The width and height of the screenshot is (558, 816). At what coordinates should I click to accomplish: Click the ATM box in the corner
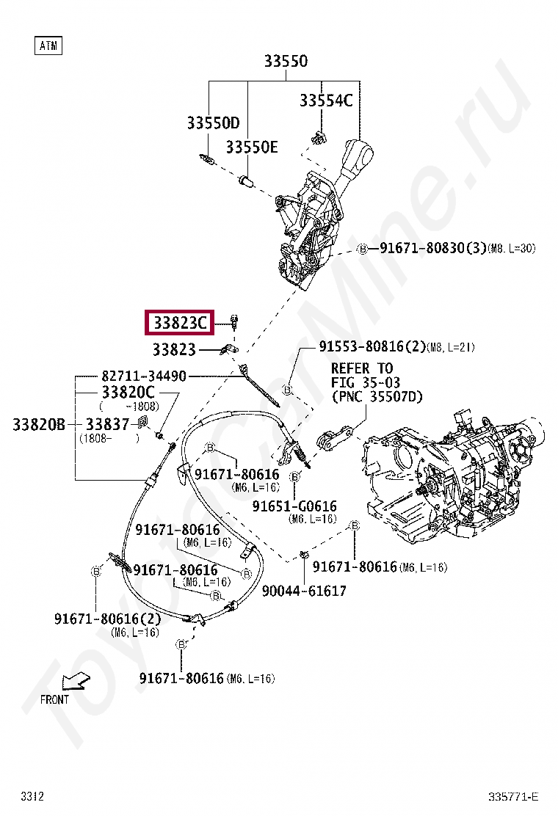click(x=48, y=46)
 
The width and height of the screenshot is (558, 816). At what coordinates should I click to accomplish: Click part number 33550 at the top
click(x=286, y=62)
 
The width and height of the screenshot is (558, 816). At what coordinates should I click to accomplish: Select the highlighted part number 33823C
click(x=180, y=323)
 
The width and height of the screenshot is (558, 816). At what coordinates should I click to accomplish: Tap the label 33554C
click(x=325, y=101)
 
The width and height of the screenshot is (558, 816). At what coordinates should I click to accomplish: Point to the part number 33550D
click(x=213, y=123)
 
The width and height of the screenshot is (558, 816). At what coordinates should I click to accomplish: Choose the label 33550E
click(x=251, y=147)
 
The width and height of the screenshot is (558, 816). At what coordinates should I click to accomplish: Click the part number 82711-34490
click(x=143, y=376)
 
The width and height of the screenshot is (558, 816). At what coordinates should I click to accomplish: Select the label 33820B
click(x=38, y=424)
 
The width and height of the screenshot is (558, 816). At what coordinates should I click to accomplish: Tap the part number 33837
click(x=106, y=424)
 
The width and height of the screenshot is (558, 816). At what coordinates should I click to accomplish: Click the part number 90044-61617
click(x=303, y=591)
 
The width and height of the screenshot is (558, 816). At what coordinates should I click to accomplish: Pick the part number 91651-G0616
click(x=294, y=506)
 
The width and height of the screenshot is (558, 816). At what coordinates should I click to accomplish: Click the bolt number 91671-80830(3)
click(x=432, y=249)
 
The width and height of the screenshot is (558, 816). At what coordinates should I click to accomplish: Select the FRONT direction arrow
click(x=74, y=683)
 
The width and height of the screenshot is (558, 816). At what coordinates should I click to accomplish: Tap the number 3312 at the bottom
click(x=32, y=796)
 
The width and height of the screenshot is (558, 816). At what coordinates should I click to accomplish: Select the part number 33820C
click(x=128, y=393)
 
